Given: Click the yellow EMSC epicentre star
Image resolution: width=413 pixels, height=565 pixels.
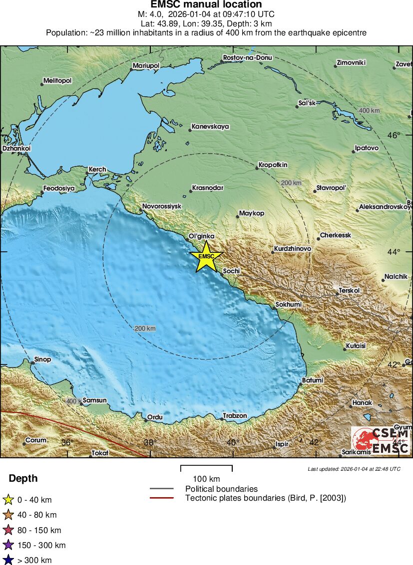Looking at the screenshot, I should click(206, 256).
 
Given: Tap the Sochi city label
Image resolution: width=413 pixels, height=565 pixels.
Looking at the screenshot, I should click(231, 271).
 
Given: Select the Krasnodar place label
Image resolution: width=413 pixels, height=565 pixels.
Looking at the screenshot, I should click(207, 188).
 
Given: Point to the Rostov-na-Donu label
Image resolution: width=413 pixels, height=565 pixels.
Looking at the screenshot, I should click(248, 58).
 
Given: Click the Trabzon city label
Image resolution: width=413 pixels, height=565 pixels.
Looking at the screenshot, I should click(235, 415).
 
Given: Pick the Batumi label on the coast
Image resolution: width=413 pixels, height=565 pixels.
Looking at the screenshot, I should click(312, 380).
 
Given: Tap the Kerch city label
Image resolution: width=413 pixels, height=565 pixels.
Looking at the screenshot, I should click(97, 170).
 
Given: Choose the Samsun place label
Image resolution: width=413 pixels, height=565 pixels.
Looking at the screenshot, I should click(94, 400).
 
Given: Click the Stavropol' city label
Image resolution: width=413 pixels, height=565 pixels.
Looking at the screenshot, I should click(331, 188).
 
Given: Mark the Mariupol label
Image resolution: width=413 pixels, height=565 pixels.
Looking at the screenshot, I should click(146, 66).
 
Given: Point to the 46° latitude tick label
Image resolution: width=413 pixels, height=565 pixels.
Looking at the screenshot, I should click(395, 135).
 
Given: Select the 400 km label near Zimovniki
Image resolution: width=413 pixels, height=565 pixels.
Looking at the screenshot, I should click(369, 110).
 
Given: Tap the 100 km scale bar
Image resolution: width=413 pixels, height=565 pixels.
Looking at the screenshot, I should click(206, 468).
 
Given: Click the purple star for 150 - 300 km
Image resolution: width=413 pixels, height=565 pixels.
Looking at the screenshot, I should click(8, 545).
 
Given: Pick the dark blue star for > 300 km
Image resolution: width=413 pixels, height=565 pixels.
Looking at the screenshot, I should click(8, 560).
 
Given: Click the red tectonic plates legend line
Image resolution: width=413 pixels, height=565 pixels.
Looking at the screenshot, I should click(161, 498).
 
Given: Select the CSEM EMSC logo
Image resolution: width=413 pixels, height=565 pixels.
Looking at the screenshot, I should click(382, 441).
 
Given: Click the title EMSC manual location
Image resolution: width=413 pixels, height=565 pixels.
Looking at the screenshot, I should click(206, 4).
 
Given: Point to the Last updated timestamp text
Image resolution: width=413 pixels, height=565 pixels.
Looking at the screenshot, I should click(354, 469).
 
